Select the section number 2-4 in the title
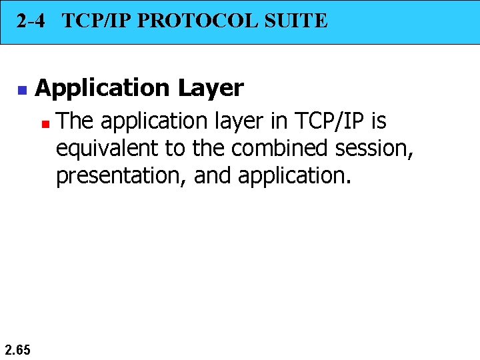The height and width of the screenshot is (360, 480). point(31,21)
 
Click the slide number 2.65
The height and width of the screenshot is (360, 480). point(17,348)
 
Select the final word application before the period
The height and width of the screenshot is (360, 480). point(292,177)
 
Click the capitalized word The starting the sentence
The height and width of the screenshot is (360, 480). point(75,121)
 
